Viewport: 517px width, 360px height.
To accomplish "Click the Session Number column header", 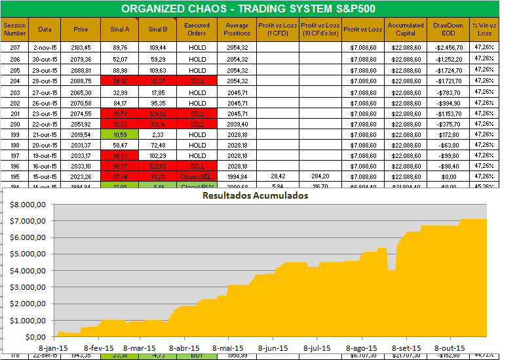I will pyautogui.click(x=15, y=29).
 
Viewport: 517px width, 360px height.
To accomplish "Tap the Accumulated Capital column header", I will pyautogui.click(x=406, y=29).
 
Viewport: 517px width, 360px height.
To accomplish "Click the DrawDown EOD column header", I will pyautogui.click(x=448, y=29).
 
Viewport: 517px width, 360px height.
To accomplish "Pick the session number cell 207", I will pyautogui.click(x=15, y=48).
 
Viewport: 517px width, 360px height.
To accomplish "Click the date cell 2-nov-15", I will pyautogui.click(x=45, y=48).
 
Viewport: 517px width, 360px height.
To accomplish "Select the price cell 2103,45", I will pyautogui.click(x=80, y=48).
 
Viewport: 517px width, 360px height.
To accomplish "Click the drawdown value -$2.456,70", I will pyautogui.click(x=448, y=48).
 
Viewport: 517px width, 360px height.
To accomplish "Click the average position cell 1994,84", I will pyautogui.click(x=237, y=177).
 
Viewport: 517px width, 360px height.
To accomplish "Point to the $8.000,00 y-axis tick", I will pyautogui.click(x=24, y=204).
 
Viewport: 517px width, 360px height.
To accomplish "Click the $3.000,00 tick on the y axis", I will pyautogui.click(x=24, y=287).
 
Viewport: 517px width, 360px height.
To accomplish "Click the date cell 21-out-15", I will pyautogui.click(x=45, y=134).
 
